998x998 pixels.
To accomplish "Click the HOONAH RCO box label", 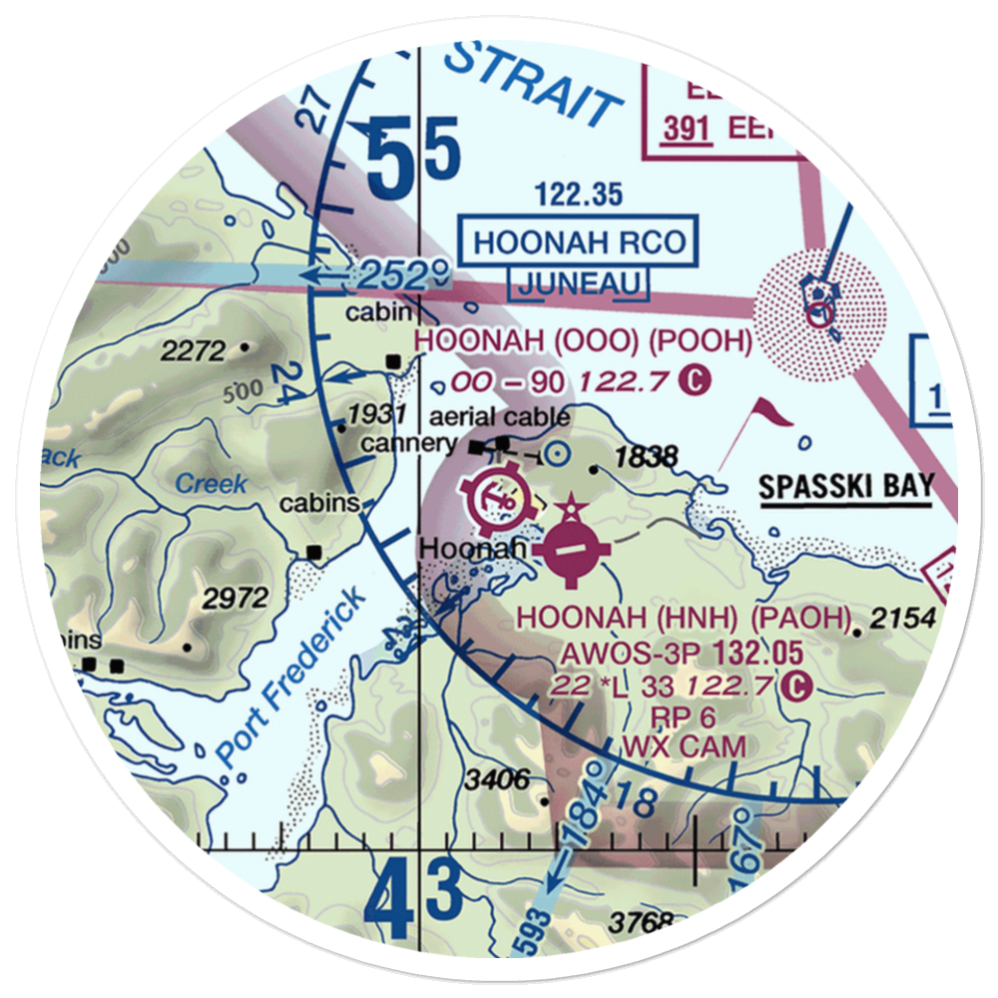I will coord(580,242).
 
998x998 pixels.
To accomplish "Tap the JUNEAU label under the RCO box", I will coord(578,283).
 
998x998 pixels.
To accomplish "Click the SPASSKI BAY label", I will coord(845,488).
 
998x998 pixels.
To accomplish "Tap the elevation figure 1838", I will coord(647,457).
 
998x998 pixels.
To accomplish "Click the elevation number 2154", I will coord(902,620).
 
